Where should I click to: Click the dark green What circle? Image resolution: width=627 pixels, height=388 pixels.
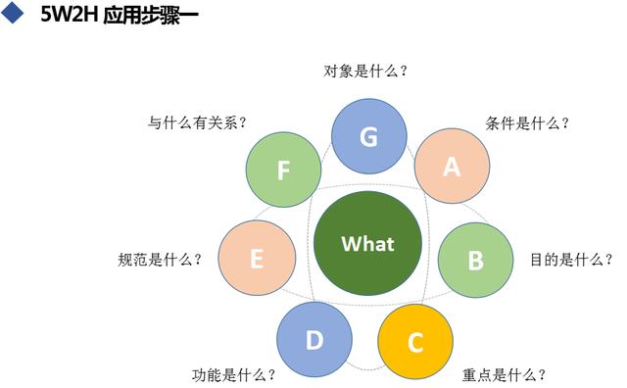tap(367, 244)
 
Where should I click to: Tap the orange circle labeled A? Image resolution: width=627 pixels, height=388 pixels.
tap(452, 166)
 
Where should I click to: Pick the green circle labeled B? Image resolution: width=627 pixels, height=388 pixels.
tap(475, 261)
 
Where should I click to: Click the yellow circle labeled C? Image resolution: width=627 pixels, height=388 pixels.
tap(415, 343)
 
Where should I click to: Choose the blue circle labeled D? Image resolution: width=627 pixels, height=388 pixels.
tap(313, 341)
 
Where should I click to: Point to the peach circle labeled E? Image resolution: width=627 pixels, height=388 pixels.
tap(257, 260)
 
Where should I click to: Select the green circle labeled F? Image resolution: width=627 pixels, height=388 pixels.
tap(283, 170)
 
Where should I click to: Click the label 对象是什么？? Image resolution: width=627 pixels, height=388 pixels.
tap(365, 71)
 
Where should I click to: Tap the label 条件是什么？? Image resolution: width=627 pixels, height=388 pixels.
tap(527, 123)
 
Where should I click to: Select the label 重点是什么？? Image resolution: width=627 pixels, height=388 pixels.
tap(504, 374)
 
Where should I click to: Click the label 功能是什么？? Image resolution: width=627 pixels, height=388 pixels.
tap(233, 374)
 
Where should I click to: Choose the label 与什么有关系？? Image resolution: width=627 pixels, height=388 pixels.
tap(197, 123)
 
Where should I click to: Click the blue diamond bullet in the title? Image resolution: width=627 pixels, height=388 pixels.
tap(13, 16)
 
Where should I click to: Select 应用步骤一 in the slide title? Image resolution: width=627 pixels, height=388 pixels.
tap(149, 17)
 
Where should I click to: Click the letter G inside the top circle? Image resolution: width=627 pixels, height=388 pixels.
tap(368, 138)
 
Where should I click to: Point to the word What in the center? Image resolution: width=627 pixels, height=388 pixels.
tap(367, 244)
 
